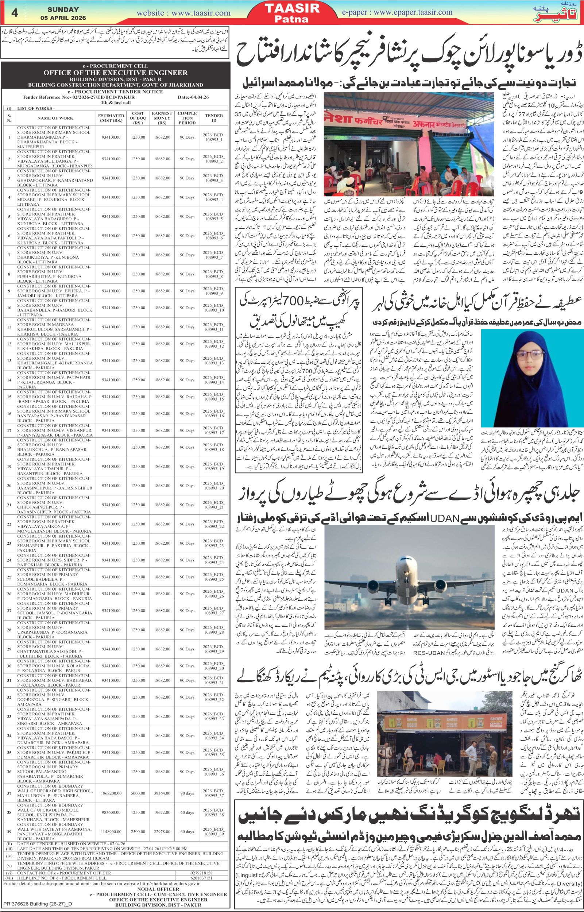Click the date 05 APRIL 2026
(63, 18)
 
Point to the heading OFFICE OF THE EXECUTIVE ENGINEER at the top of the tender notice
(116, 73)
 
